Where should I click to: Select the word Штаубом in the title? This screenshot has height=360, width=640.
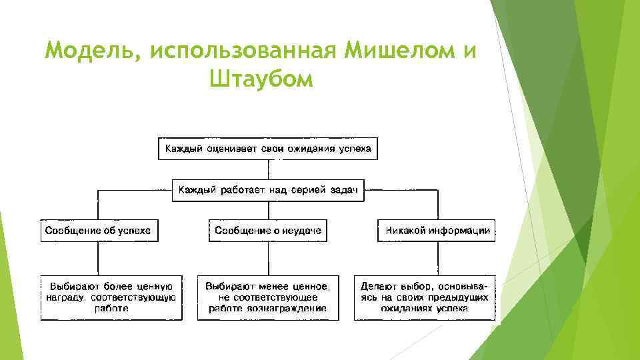(x=260, y=80)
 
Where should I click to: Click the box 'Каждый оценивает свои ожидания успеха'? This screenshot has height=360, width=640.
(x=267, y=148)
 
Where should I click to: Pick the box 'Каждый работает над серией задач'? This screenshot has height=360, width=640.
(x=267, y=190)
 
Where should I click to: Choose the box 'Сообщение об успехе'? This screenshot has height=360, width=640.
(x=98, y=231)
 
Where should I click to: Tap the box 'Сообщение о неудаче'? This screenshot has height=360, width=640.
(x=268, y=231)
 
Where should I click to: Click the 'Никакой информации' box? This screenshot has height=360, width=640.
(x=437, y=231)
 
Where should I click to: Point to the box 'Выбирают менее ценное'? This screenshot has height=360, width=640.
(x=267, y=297)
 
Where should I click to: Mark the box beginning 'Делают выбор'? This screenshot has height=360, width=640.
(x=425, y=297)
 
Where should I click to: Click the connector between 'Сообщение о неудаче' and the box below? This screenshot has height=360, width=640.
(x=268, y=258)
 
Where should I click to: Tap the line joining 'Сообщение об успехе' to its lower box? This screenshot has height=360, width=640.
(x=98, y=258)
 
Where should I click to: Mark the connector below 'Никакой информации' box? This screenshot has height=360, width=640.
(x=437, y=258)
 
